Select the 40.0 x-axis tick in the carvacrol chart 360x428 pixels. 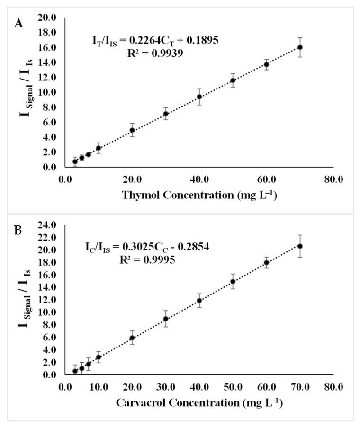(199, 386)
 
